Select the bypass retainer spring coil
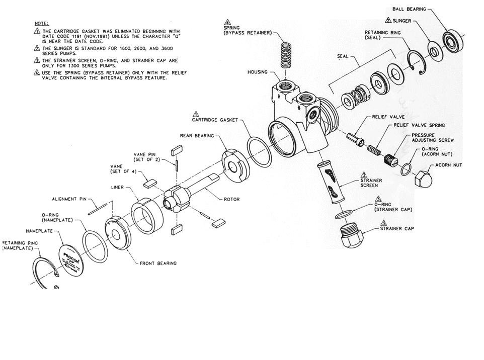pos(286,52)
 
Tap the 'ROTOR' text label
pos(232,200)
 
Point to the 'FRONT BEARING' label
pos(158,263)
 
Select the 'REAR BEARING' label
pos(197,135)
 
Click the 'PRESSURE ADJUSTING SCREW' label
pos(433,138)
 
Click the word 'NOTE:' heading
pos(41,23)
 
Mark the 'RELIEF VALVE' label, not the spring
pos(385,116)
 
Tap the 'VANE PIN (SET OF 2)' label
pos(146,157)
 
